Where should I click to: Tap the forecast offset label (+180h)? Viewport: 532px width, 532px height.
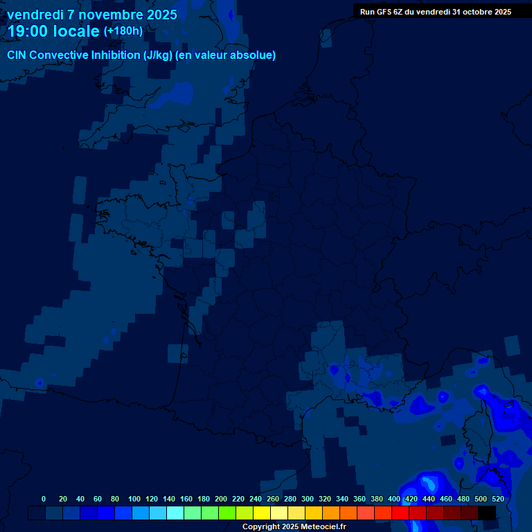(x=123, y=31)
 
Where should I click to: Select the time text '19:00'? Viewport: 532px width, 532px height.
(x=28, y=31)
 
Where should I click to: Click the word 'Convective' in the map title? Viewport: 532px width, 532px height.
(x=60, y=55)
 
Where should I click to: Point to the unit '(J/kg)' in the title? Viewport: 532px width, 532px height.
(x=159, y=55)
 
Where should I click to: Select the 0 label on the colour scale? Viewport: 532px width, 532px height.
(x=44, y=499)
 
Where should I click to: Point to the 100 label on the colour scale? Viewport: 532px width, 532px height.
(x=134, y=499)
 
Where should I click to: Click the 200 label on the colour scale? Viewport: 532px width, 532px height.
(x=221, y=499)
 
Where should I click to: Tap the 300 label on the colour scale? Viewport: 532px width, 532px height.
(x=308, y=499)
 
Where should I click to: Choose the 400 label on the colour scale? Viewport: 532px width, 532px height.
(x=394, y=499)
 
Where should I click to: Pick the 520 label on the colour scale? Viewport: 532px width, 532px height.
(x=497, y=499)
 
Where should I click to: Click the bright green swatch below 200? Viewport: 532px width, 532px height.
(x=227, y=513)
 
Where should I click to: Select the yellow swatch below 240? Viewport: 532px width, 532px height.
(x=261, y=513)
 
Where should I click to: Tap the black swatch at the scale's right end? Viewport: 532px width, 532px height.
(x=487, y=513)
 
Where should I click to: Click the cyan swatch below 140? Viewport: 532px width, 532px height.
(x=175, y=513)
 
